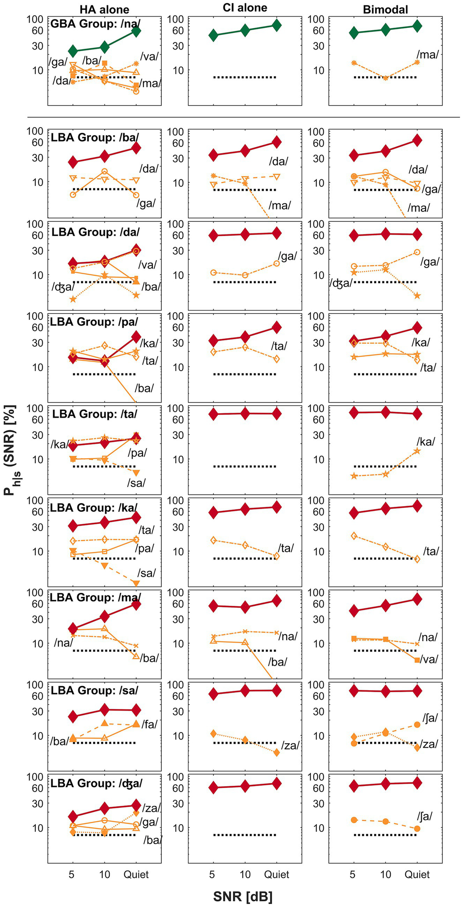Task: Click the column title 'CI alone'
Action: (x=245, y=8)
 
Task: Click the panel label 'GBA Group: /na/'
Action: (x=95, y=24)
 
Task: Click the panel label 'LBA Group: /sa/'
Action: (x=94, y=690)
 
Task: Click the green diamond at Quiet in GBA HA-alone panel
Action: (x=136, y=31)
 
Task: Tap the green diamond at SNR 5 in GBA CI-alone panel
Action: (x=213, y=35)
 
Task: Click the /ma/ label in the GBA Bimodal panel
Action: (x=427, y=55)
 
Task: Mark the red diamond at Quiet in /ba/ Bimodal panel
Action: (x=417, y=140)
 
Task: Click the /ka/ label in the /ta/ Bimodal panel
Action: (x=425, y=442)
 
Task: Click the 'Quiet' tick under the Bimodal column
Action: (x=417, y=874)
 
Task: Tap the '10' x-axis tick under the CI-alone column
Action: (x=245, y=874)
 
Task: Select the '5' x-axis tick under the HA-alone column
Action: (x=71, y=874)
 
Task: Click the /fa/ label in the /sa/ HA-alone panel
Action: (x=149, y=725)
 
